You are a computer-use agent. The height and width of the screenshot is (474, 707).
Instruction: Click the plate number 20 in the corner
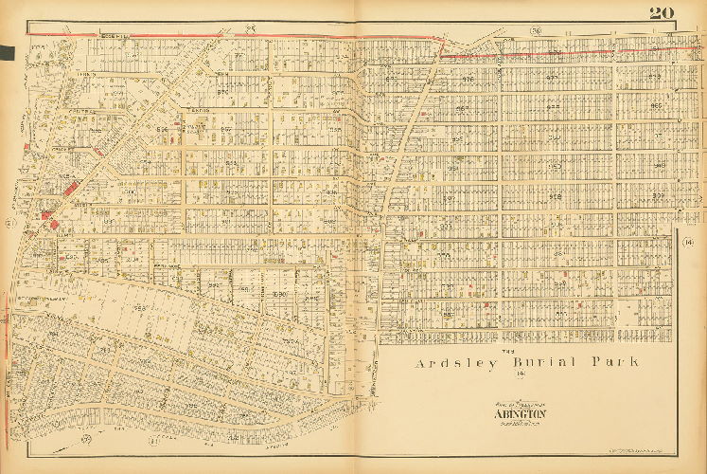click(x=662, y=12)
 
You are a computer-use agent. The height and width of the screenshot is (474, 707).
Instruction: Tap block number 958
click(x=556, y=196)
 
